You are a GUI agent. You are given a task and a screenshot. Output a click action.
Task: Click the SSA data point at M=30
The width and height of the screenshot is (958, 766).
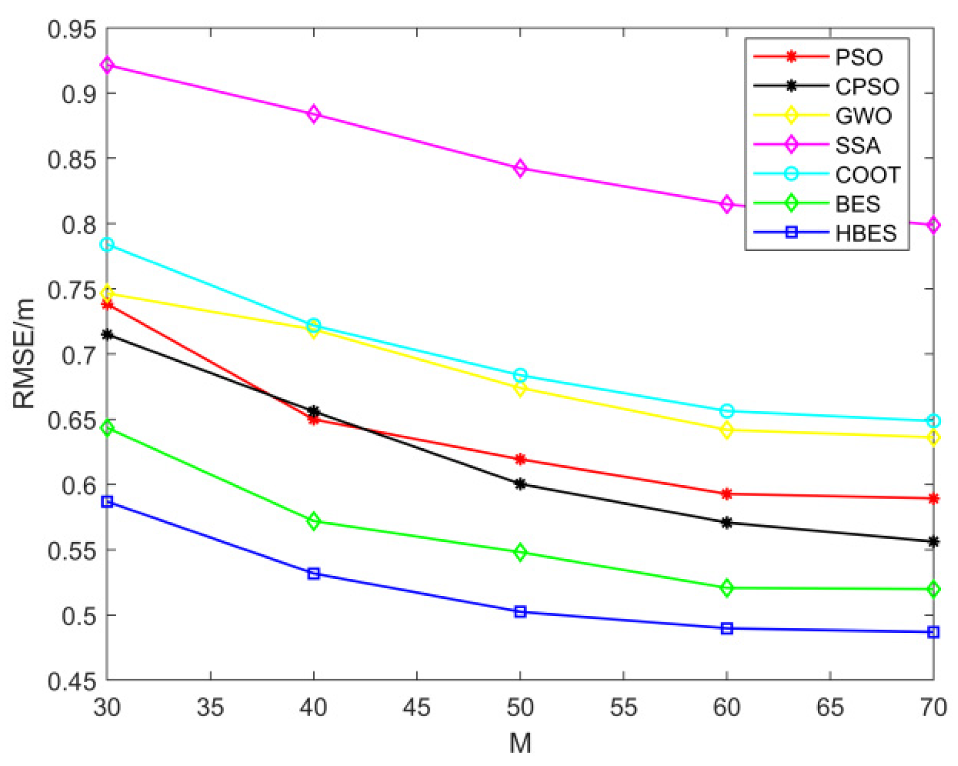pos(107,65)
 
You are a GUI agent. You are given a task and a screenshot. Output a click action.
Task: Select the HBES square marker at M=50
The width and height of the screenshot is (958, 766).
pos(520,612)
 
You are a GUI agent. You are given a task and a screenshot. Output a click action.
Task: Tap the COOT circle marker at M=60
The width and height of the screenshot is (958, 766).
pos(727,411)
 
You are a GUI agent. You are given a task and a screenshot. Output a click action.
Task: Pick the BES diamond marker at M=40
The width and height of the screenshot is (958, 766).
pos(314,521)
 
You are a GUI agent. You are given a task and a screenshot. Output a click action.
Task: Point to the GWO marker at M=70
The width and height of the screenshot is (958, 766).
pos(933,438)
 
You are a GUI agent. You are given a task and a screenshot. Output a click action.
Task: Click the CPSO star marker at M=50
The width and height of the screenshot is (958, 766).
pos(520,484)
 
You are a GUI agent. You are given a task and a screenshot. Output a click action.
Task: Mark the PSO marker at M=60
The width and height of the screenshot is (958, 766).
pos(727,494)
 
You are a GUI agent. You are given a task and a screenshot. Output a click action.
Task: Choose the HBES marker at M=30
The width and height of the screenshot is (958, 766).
pos(107,502)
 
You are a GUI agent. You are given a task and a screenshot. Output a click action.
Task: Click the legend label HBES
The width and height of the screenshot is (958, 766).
pos(865,233)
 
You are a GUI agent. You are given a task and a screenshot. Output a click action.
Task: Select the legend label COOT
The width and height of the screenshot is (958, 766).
pos(867,175)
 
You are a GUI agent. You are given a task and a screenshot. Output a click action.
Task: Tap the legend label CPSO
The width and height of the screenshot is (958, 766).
pos(867,87)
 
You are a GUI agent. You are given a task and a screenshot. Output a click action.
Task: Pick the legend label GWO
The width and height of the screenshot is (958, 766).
pos(863,116)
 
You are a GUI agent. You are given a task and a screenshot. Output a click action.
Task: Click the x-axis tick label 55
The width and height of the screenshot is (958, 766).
pos(623,708)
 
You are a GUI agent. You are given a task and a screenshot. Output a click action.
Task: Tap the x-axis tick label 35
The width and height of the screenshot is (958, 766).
pos(210,708)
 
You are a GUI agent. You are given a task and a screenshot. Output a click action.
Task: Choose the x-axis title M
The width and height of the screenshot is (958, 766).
pos(520,744)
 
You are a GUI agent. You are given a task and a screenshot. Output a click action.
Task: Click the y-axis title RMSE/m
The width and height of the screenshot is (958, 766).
pos(25,354)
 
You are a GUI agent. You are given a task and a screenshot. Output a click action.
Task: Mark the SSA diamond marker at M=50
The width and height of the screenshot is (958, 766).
pos(520,169)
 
